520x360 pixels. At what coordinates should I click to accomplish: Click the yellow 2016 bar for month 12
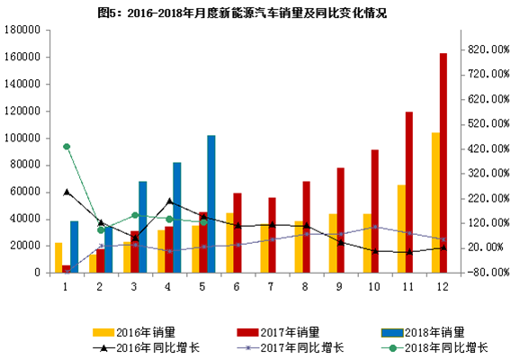click(435, 202)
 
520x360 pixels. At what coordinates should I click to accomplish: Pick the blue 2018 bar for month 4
click(177, 217)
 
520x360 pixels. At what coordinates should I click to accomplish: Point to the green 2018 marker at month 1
click(67, 147)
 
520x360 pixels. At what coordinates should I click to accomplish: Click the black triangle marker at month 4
click(170, 202)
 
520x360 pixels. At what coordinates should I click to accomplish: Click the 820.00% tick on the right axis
click(489, 50)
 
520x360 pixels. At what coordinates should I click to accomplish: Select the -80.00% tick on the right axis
click(489, 272)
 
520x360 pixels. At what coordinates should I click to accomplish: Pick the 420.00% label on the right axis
click(489, 148)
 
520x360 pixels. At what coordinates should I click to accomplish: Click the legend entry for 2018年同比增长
click(428, 347)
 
